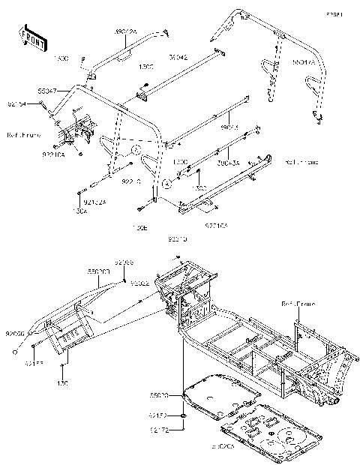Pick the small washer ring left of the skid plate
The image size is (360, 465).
(x=184, y=415)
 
